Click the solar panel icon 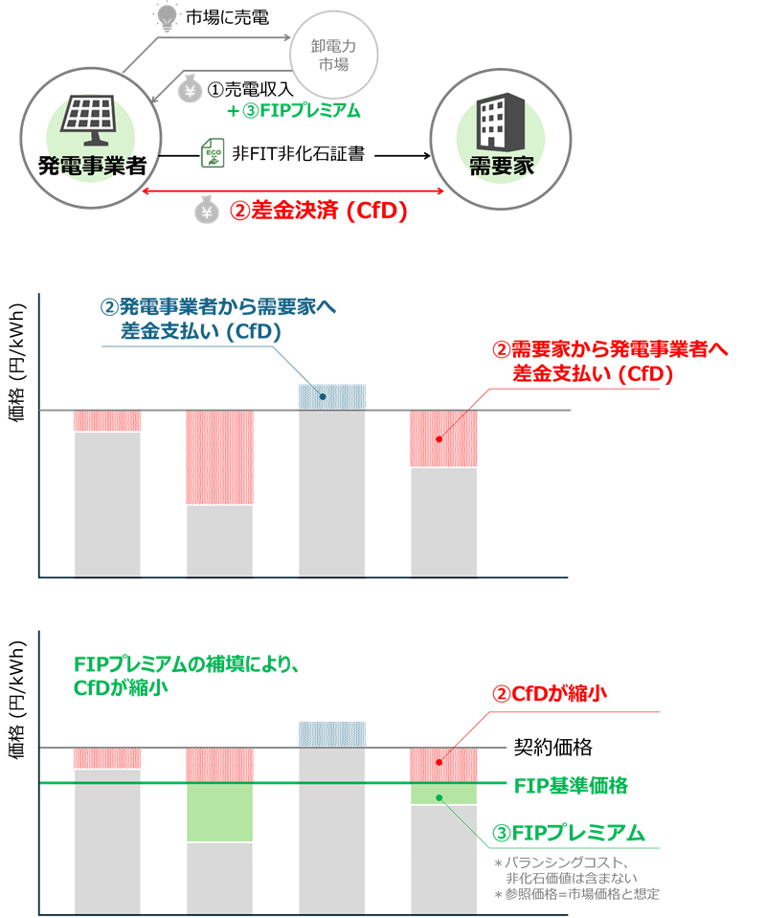coord(91,116)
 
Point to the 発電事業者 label coord(91,165)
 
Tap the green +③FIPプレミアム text coord(294,111)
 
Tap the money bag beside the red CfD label coord(207,211)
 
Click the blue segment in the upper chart coord(331,396)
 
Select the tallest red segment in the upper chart coord(219,457)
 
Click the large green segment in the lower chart coord(219,813)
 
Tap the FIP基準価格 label coord(571,786)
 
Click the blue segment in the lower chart coord(331,733)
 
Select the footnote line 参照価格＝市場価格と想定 coord(576,894)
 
